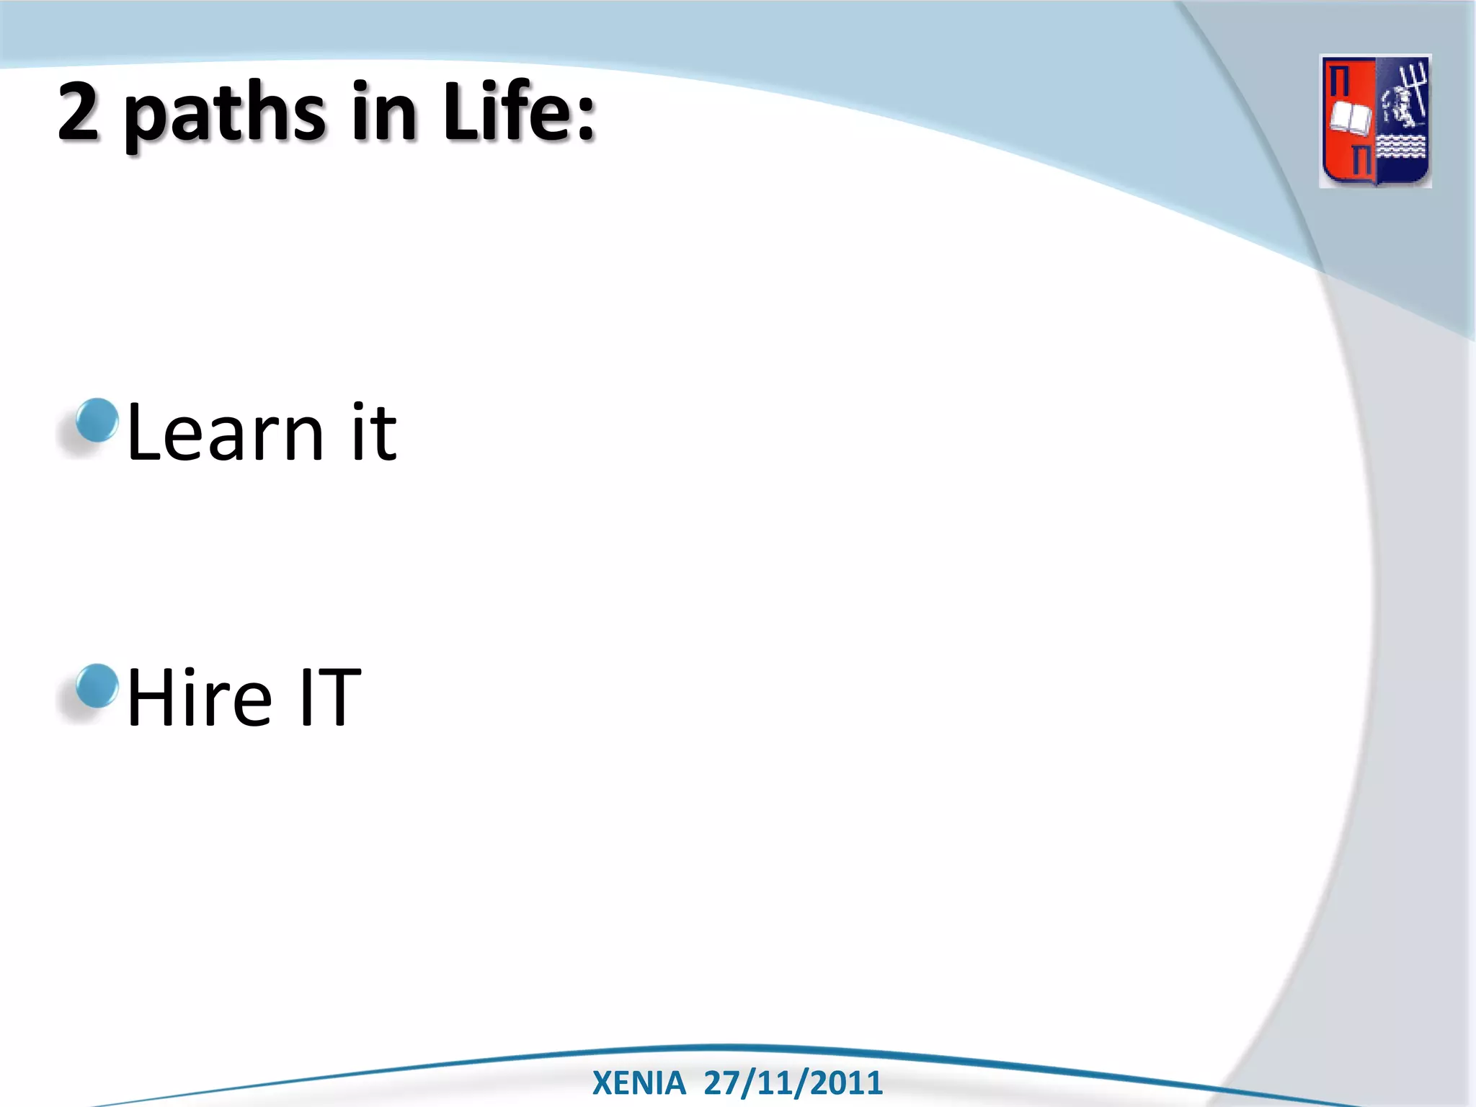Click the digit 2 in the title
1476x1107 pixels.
[x=79, y=111]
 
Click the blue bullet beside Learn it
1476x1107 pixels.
[x=97, y=420]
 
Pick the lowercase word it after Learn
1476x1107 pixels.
[x=373, y=432]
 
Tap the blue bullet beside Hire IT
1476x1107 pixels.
[x=97, y=686]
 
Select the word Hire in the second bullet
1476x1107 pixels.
[x=200, y=697]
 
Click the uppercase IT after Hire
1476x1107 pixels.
[x=329, y=697]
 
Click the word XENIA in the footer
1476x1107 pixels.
[x=639, y=1083]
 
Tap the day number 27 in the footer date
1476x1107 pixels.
[x=721, y=1083]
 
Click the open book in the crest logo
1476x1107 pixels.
[x=1349, y=119]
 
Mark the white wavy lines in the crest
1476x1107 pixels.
[x=1402, y=147]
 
